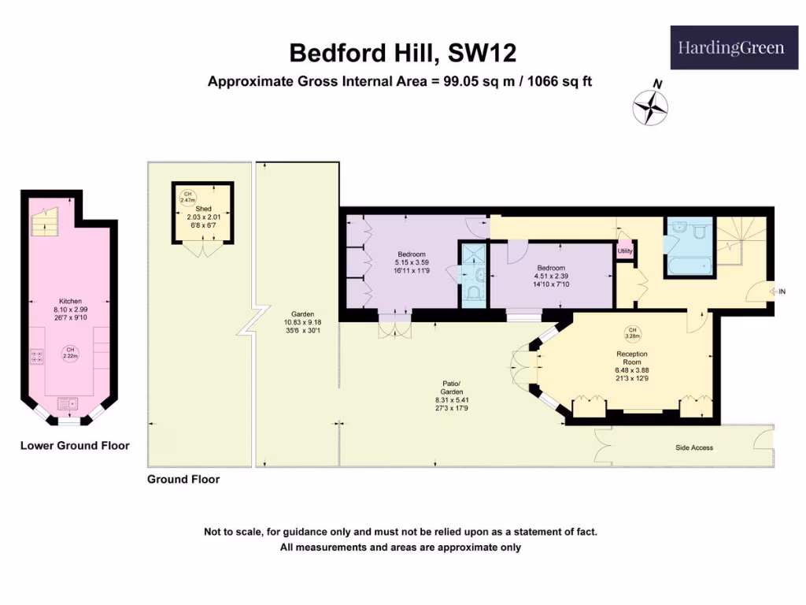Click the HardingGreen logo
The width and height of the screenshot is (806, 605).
click(730, 49)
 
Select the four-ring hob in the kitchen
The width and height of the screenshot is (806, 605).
click(36, 357)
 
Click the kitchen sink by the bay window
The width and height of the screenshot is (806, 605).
click(68, 404)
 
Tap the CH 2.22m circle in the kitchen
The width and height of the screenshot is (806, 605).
click(70, 353)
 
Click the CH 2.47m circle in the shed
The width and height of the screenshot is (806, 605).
click(188, 197)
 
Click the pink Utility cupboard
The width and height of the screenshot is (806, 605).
click(625, 251)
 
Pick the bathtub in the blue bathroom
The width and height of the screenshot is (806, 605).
click(689, 265)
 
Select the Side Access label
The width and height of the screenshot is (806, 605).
click(694, 447)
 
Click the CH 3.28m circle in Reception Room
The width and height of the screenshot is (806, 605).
click(631, 334)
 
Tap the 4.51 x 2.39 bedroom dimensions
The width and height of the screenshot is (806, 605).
click(551, 277)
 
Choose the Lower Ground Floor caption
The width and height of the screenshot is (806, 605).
click(75, 446)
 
